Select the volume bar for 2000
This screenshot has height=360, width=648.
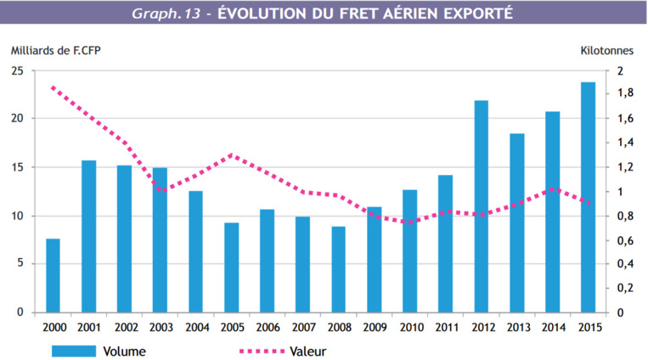[53, 275]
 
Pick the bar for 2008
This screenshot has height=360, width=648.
[338, 269]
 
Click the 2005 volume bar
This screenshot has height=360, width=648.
[231, 267]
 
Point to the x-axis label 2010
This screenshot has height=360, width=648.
[409, 327]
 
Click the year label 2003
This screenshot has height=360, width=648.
[160, 327]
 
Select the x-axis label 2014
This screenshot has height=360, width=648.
[552, 327]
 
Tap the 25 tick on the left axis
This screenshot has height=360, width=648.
[17, 70]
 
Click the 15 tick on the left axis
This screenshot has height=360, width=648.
[17, 167]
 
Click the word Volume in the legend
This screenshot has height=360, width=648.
[122, 349]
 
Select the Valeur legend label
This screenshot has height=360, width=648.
[309, 349]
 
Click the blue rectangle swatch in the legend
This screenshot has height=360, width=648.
[73, 349]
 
